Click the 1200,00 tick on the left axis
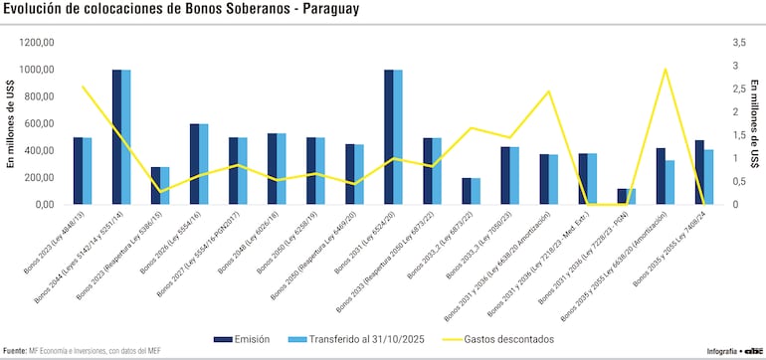tap(37, 43)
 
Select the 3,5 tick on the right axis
tap(737, 43)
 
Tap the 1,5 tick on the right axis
tap(737, 135)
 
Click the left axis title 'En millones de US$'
tap(10, 123)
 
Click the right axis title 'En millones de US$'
tap(756, 123)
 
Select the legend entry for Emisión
tap(241, 339)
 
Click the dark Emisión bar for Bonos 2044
tap(117, 137)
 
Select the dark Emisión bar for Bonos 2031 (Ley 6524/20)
tap(389, 137)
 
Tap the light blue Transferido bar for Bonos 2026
tap(204, 164)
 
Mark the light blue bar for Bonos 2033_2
tap(476, 191)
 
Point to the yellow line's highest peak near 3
tap(665, 69)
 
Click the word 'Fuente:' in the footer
tap(14, 351)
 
